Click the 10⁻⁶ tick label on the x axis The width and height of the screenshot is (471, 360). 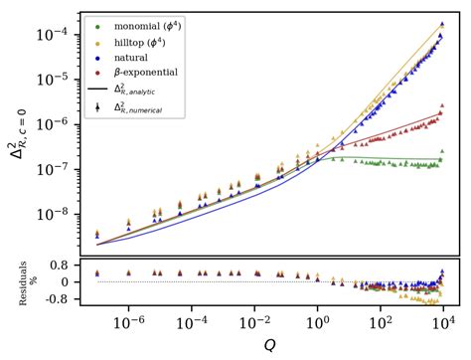point(129,321)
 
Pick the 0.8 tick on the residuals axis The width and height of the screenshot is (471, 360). point(61,267)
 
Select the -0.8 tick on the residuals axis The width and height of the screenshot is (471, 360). point(59,296)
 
